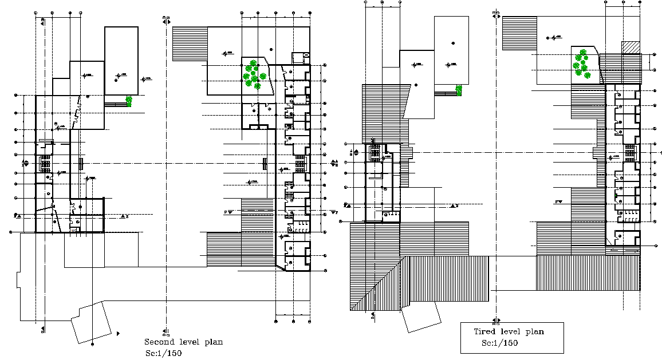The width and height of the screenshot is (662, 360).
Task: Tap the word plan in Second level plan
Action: click(x=213, y=342)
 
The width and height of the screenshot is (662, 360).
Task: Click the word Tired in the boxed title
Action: click(x=484, y=332)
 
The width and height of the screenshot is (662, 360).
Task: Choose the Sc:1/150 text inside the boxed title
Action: click(x=499, y=343)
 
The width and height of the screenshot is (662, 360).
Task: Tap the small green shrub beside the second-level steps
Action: click(x=129, y=101)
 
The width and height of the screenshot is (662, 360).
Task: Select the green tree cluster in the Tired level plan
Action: click(x=581, y=63)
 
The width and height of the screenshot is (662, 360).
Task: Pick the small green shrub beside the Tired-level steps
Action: click(x=459, y=89)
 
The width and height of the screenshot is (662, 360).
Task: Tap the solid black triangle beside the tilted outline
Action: click(x=118, y=333)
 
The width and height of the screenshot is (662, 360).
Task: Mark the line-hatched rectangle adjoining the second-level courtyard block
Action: click(x=189, y=43)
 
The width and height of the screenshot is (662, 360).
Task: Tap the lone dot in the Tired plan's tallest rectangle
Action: click(x=452, y=43)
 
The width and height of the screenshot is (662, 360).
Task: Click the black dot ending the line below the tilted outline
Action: click(x=92, y=343)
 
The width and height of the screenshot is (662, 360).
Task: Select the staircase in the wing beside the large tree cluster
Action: click(x=301, y=165)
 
